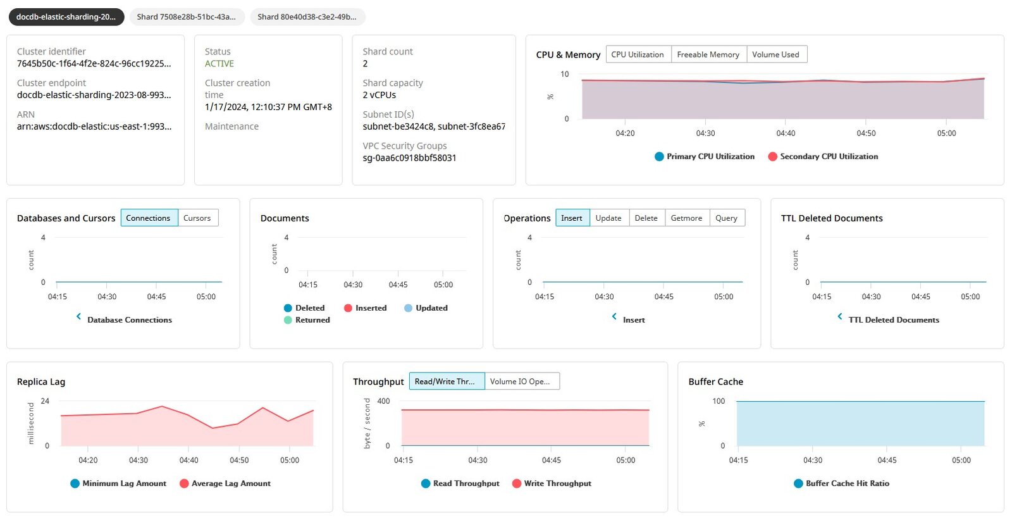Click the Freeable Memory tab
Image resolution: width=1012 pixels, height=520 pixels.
coord(708,54)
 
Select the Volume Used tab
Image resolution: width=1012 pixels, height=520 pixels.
coord(776,54)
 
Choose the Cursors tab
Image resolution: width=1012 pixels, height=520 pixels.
coord(197,218)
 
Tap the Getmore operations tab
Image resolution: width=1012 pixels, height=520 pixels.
coord(687,218)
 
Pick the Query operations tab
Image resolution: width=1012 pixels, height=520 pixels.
coord(727,218)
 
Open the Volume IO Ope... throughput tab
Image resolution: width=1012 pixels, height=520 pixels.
coord(521,381)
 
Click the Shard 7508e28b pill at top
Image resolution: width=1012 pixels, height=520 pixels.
coord(187,16)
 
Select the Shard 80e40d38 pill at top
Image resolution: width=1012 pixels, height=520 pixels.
coord(307,16)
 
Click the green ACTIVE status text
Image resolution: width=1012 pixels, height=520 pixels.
coord(219,64)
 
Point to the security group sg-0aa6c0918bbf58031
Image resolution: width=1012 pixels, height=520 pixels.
coord(409,158)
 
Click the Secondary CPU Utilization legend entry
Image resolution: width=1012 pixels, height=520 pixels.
coord(823,156)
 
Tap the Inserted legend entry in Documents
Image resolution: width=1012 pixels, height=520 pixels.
coord(366,308)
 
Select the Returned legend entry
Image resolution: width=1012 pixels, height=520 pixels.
coord(307,320)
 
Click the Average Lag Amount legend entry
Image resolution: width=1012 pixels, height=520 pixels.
coord(225,483)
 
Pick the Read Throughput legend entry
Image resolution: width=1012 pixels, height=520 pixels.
coord(460,483)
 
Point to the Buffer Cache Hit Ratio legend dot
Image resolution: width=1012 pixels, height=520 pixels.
coord(798,484)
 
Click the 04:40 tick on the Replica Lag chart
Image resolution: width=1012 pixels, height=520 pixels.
coord(189,460)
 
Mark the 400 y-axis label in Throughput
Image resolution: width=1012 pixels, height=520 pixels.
coord(383,401)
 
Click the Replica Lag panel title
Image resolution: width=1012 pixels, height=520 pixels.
coord(41,381)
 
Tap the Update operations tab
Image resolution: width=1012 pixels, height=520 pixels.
coord(609,218)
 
